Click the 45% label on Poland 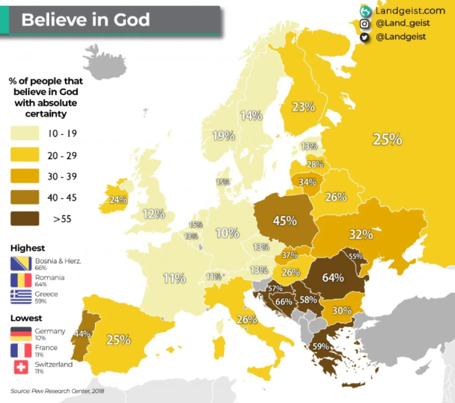285,221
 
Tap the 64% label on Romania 333,277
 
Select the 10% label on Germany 227,233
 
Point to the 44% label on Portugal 82,334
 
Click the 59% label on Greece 321,346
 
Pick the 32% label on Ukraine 361,234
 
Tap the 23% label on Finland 304,107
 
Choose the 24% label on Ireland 118,200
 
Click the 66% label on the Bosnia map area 284,302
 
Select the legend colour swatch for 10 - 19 25,133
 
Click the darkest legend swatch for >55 25,218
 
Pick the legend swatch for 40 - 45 25,197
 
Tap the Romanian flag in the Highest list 21,280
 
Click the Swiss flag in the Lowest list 21,367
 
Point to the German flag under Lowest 21,334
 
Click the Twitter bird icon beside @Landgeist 364,37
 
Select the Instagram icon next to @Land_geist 364,24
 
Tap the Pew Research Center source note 57,391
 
